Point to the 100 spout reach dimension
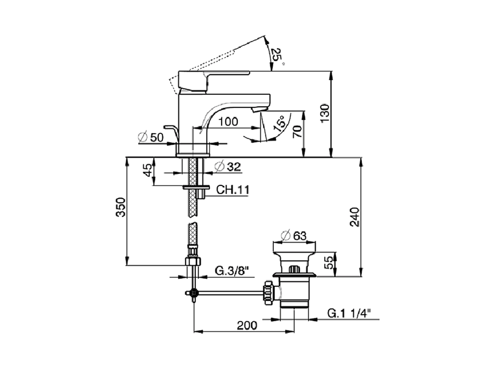point(228,121)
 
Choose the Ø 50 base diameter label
point(151,137)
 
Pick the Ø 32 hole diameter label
point(228,167)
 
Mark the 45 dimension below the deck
point(148,170)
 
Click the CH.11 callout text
point(232,190)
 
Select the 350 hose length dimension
point(121,207)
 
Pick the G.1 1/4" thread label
point(349,313)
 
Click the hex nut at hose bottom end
point(193,261)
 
